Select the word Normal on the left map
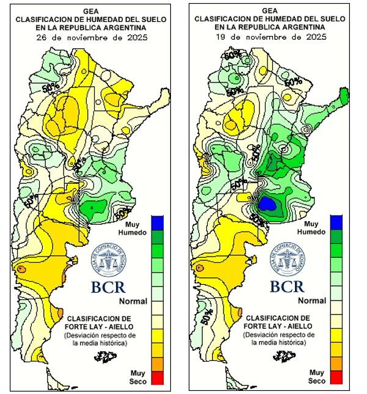133,301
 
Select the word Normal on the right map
311,301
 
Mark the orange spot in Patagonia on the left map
22,268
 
